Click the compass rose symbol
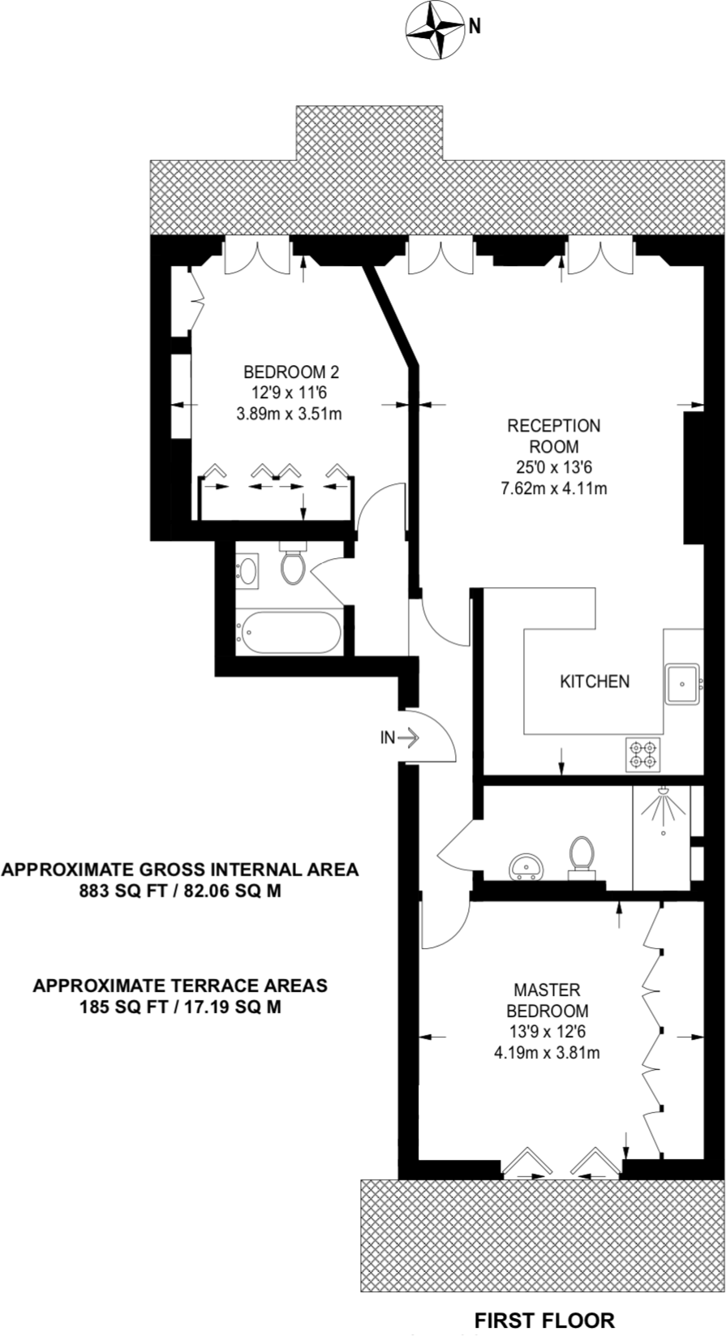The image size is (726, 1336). click(x=435, y=30)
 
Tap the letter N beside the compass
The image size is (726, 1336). click(x=475, y=26)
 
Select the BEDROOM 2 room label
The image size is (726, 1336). click(x=291, y=372)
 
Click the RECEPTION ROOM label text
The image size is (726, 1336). click(x=553, y=436)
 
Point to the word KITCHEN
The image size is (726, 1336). click(x=595, y=681)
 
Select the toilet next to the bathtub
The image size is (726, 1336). click(x=293, y=562)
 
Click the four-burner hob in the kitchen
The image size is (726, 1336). click(x=643, y=754)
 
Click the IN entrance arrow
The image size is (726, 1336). click(x=400, y=738)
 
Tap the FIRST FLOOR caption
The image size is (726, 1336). click(x=544, y=1319)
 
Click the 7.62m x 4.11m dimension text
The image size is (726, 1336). click(x=553, y=488)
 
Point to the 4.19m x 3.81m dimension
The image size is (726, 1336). click(x=547, y=1053)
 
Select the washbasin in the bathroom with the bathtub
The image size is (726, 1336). click(x=247, y=571)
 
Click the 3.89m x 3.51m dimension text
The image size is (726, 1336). click(x=289, y=414)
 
